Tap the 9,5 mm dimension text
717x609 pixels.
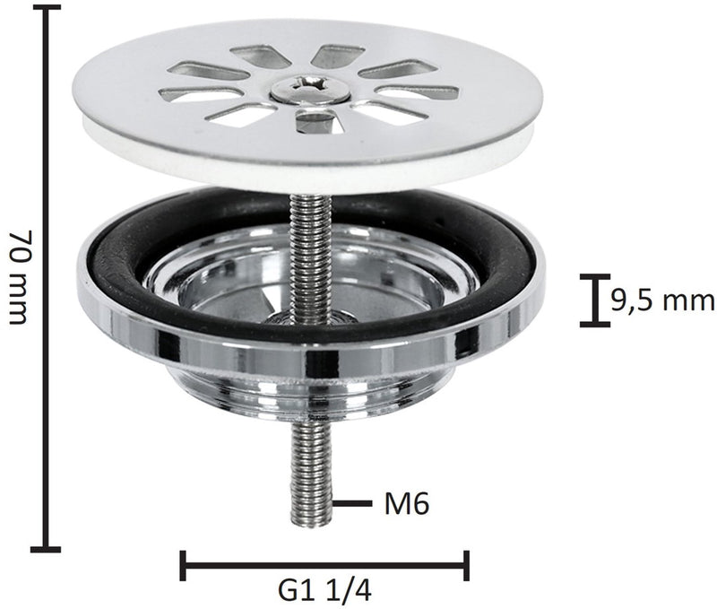(x=662, y=301)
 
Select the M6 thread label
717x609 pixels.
(x=407, y=505)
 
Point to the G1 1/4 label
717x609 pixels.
(x=324, y=592)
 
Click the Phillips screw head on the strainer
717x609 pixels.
(x=310, y=89)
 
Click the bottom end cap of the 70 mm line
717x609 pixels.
(x=46, y=549)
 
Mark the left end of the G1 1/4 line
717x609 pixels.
(x=184, y=566)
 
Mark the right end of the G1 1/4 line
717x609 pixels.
(x=466, y=566)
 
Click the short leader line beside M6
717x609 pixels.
(x=352, y=504)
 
